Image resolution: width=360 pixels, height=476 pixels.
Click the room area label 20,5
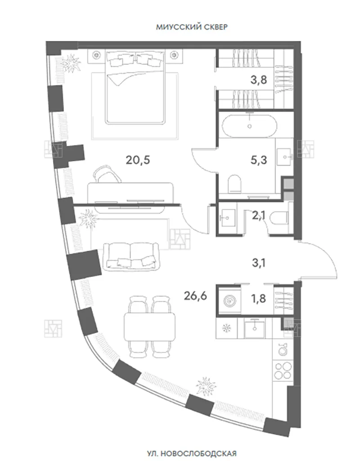[x=138, y=160]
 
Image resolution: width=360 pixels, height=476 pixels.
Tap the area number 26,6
[x=195, y=295]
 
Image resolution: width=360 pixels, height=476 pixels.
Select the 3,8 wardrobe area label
[x=259, y=80]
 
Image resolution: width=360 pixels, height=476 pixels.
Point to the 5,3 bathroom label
[x=259, y=160]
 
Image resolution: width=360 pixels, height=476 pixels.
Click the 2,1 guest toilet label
[x=258, y=215]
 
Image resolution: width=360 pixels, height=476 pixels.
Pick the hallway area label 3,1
[x=259, y=263]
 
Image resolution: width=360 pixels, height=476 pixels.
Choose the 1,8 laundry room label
[x=259, y=299]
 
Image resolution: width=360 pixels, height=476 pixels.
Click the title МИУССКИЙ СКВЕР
[x=192, y=27]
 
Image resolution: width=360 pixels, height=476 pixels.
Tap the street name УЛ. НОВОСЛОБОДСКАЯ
[x=191, y=454]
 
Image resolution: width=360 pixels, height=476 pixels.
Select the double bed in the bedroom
[x=135, y=87]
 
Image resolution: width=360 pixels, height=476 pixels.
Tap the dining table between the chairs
[x=150, y=327]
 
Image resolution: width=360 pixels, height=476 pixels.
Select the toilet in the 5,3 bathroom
[x=234, y=183]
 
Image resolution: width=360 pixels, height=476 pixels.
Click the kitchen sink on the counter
[x=255, y=328]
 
